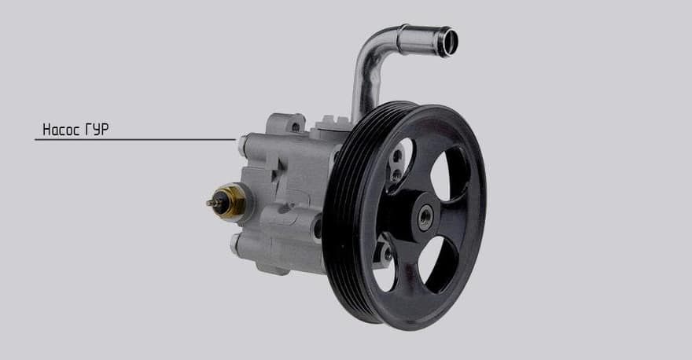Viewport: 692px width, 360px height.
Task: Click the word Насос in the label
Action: (61, 129)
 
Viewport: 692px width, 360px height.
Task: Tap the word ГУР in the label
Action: (96, 129)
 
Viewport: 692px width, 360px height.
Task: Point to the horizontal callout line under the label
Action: (135, 139)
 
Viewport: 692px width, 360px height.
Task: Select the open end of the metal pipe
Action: (448, 42)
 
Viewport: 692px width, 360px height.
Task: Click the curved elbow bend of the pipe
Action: (370, 45)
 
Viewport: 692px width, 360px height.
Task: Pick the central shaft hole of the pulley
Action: (426, 217)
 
